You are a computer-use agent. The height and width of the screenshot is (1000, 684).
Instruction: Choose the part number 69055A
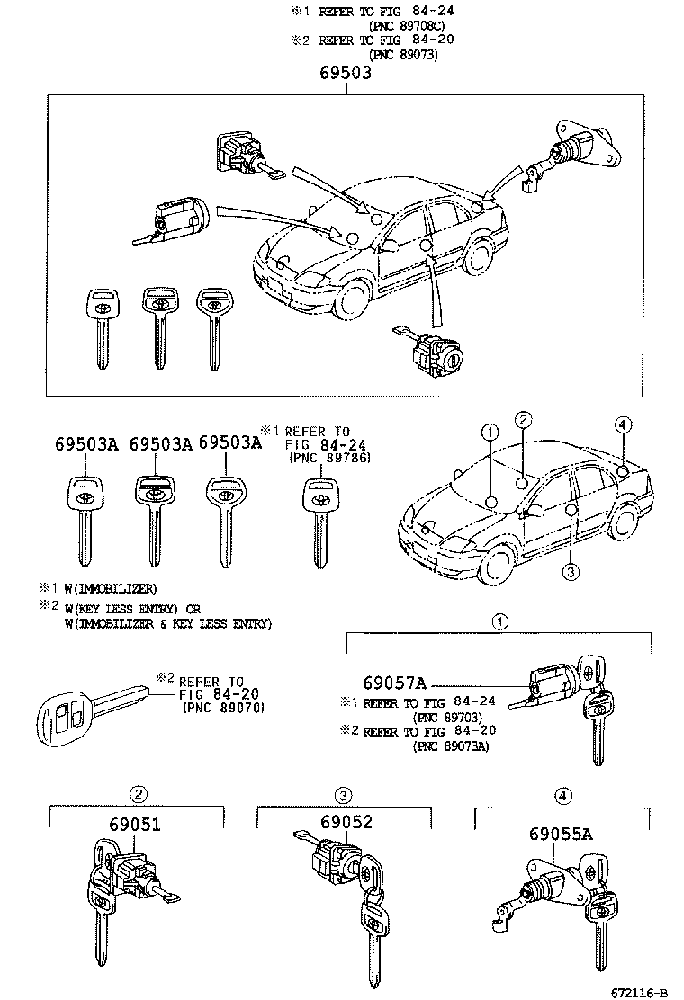[x=561, y=834]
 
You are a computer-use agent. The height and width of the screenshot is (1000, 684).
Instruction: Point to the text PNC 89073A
[x=452, y=746]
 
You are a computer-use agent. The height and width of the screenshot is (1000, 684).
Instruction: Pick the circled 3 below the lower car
[x=571, y=571]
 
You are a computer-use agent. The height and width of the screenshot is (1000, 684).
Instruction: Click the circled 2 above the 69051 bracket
[x=138, y=793]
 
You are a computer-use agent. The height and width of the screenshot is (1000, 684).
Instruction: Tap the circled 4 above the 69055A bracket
[x=562, y=795]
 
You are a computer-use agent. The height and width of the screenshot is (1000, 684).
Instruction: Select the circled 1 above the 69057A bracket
[x=499, y=621]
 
